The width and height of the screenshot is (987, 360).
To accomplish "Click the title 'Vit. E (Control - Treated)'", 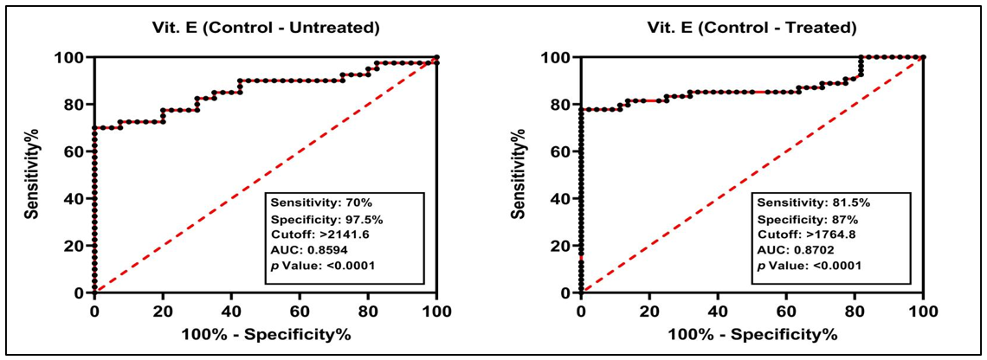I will pyautogui.click(x=752, y=28).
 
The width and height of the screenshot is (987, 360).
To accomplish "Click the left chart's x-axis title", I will pyautogui.click(x=265, y=334).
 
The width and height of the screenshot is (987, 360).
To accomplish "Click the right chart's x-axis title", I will pyautogui.click(x=752, y=334).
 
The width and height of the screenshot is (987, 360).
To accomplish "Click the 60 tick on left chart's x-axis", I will pyautogui.click(x=300, y=310).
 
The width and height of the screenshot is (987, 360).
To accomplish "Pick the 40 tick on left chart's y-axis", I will pyautogui.click(x=73, y=199).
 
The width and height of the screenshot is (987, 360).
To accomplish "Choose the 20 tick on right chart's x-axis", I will pyautogui.click(x=649, y=310).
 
